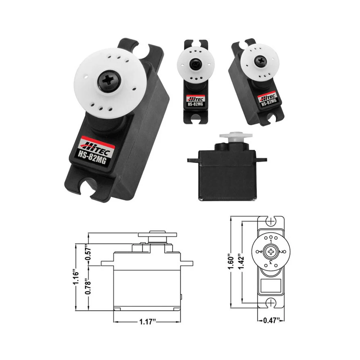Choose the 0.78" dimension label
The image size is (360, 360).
click(x=87, y=287)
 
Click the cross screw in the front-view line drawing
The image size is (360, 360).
click(x=270, y=252)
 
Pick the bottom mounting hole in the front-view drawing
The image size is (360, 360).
click(x=270, y=303)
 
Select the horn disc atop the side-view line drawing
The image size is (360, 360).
click(x=158, y=234)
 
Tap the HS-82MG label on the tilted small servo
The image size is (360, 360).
click(x=268, y=103)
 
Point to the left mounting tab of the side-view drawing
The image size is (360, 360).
click(x=107, y=263)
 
